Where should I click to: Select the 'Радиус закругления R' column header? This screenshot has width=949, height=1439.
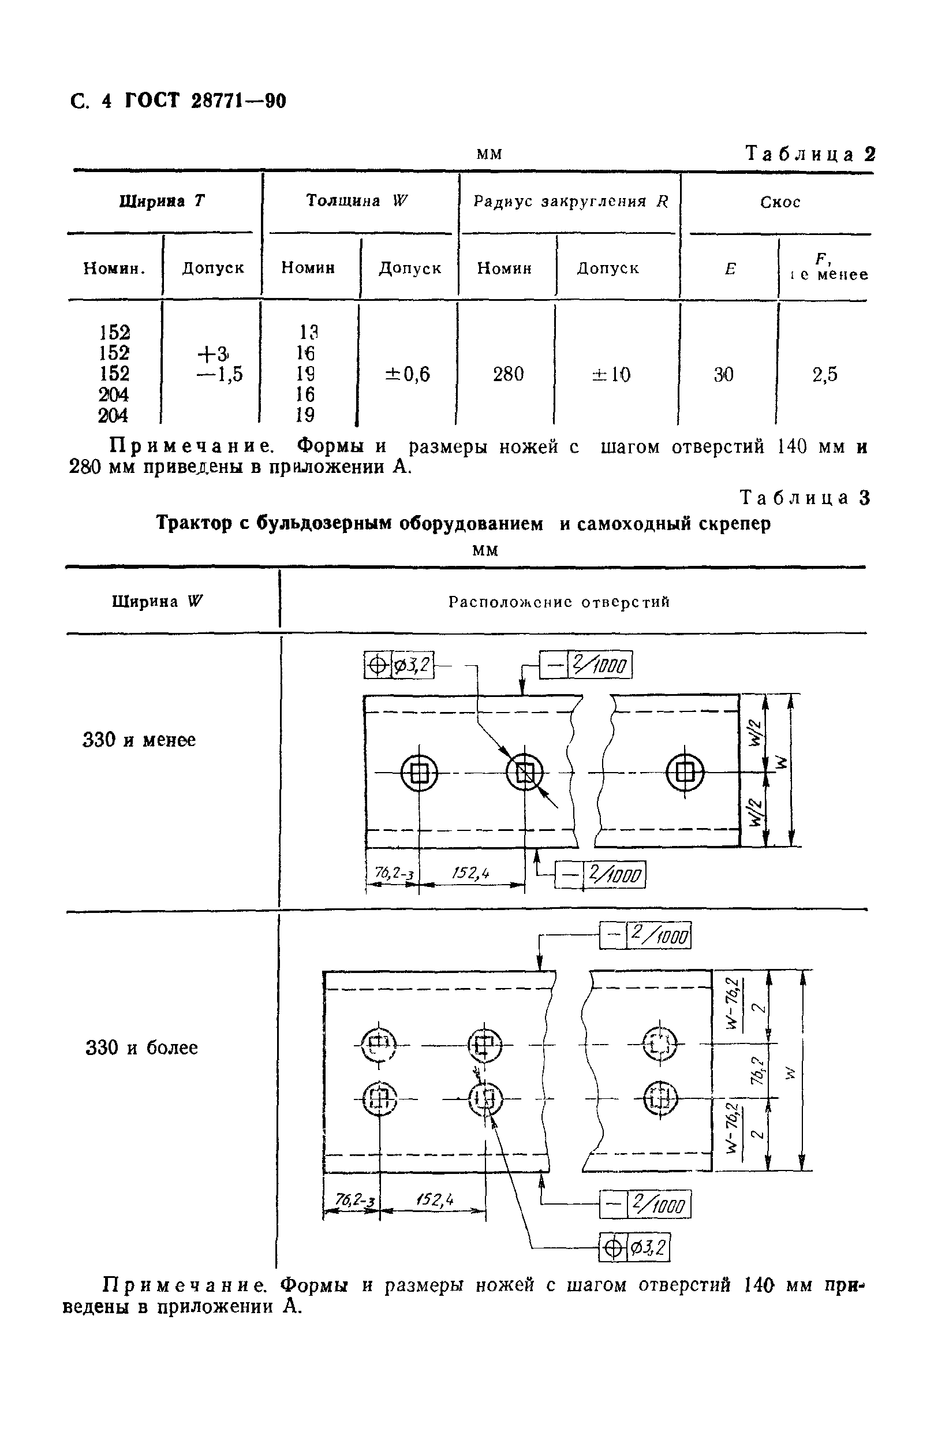tap(570, 202)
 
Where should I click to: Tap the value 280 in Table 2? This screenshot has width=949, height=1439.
tap(508, 374)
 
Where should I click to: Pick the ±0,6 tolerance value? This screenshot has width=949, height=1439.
tap(408, 374)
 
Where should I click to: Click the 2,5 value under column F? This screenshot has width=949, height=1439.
tap(824, 374)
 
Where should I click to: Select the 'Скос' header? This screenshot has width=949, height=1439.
tap(779, 202)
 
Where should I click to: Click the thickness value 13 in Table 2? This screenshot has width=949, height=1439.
tap(308, 333)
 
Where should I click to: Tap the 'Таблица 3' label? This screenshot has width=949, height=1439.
tap(804, 498)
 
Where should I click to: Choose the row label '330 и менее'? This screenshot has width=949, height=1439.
tap(139, 740)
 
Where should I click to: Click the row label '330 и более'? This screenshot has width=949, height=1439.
tap(141, 1047)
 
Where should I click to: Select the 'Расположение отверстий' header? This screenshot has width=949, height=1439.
tap(559, 602)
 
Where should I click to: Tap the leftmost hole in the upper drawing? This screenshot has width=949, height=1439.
tap(419, 773)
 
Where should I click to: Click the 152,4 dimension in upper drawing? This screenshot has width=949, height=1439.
tap(470, 873)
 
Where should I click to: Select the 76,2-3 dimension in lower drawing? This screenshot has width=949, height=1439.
tap(354, 1200)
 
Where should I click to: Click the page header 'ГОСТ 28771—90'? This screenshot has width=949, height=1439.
tap(205, 100)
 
